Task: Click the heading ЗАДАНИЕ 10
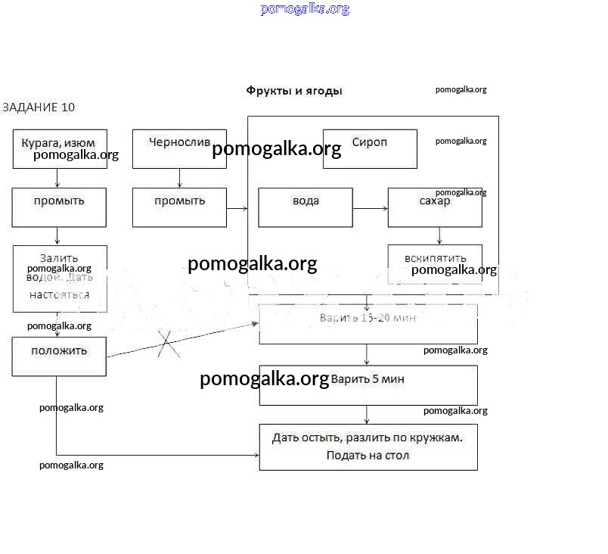tap(39, 107)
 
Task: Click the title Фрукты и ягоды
tap(294, 91)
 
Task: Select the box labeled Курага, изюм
tap(60, 148)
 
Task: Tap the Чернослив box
tap(179, 148)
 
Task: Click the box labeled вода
tap(306, 207)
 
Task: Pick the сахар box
tap(435, 207)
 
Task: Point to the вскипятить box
tap(435, 263)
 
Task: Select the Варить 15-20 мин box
tap(368, 324)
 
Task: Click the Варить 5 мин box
tap(368, 385)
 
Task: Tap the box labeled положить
tap(60, 356)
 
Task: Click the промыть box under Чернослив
tap(179, 207)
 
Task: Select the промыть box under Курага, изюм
tap(60, 207)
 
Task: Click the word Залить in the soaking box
tap(60, 257)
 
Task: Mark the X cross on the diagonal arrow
tap(169, 344)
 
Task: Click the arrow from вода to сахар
tap(370, 207)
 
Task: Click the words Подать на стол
tap(368, 456)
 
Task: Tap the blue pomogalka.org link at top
tap(305, 9)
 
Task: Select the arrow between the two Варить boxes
tap(368, 355)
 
